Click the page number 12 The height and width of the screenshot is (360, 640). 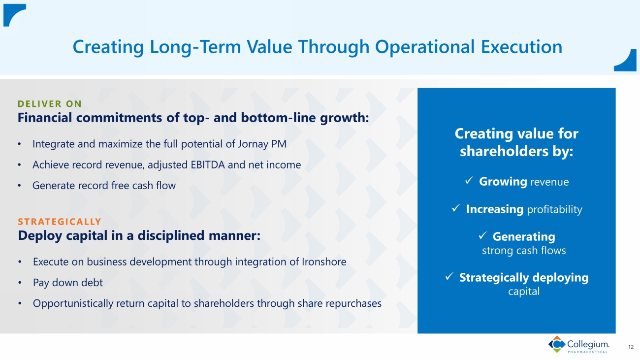[x=631, y=347]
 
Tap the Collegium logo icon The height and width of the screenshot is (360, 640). [x=557, y=344]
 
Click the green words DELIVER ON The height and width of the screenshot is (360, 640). [x=50, y=104]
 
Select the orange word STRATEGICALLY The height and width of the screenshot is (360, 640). [x=60, y=222]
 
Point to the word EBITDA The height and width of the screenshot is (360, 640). [x=208, y=165]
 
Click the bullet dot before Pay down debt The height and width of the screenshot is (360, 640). [x=20, y=283]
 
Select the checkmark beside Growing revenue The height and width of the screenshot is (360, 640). [x=469, y=180]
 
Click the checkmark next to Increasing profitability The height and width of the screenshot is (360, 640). [x=456, y=208]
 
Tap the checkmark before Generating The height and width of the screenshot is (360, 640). [x=482, y=235]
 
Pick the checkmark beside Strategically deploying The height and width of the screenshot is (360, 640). [x=449, y=276]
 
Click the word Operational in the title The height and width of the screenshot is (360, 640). [x=424, y=47]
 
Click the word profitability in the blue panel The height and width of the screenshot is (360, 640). [x=554, y=210]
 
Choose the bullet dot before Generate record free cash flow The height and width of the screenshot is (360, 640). [x=19, y=186]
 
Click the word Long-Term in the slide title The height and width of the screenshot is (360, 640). [x=195, y=47]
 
